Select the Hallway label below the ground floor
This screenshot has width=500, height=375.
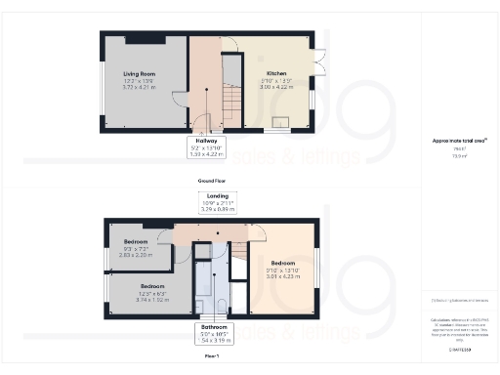205,141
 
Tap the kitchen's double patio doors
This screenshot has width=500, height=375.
317,63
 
